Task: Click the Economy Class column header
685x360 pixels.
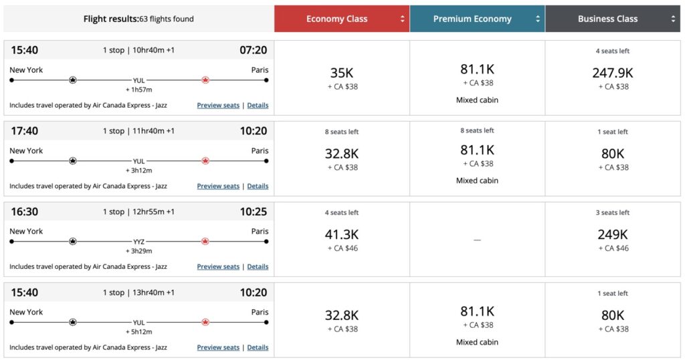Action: [336, 19]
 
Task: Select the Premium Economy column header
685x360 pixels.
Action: [472, 19]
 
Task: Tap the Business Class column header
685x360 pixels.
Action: [607, 19]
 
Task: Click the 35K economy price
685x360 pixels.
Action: [342, 73]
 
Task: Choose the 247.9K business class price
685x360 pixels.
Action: [612, 73]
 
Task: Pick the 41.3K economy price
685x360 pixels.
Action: [342, 234]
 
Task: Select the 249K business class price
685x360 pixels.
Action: [612, 234]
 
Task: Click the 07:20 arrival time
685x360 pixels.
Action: [253, 50]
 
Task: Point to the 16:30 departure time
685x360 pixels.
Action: [25, 211]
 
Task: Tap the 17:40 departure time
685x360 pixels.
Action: [25, 131]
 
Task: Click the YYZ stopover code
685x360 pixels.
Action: [138, 242]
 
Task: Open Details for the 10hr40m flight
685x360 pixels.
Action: [258, 106]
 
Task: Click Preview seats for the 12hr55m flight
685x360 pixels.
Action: [218, 266]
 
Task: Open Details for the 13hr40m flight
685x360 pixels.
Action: [258, 347]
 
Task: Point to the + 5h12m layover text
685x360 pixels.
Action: [138, 331]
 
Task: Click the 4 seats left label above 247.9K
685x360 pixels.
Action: [612, 51]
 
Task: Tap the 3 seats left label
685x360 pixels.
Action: [612, 213]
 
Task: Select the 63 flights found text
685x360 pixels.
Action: [167, 19]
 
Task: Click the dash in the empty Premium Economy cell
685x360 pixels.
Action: [477, 240]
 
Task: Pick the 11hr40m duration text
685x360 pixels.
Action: [138, 131]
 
